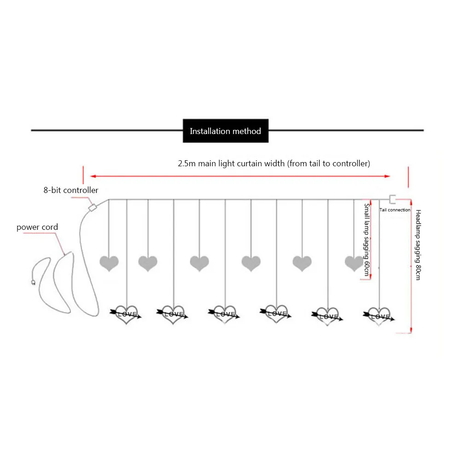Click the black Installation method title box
tap(225, 131)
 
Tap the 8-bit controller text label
tap(71, 190)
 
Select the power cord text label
tap(37, 227)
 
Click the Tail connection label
tap(395, 210)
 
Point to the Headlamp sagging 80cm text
tap(418, 245)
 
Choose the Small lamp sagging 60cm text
tap(367, 240)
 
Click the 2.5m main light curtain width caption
tap(274, 163)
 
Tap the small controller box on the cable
tap(93, 207)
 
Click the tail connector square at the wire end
tap(392, 199)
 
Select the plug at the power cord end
tap(33, 282)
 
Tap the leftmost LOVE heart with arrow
tap(126, 315)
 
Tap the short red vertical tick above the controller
tap(83, 175)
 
